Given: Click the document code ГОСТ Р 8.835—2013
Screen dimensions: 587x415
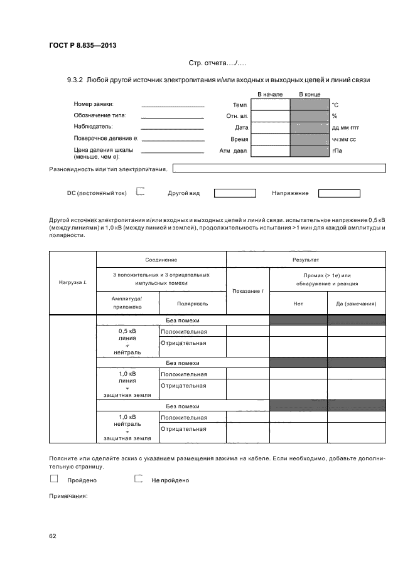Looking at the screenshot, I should click(82, 46).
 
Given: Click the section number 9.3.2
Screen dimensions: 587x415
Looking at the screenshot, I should click(75, 80).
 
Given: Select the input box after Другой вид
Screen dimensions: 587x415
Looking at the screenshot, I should click(235, 193).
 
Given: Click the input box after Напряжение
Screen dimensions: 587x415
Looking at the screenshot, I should click(339, 193).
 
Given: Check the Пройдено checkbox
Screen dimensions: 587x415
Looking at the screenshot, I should click(53, 479).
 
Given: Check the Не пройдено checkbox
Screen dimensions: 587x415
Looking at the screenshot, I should click(139, 479).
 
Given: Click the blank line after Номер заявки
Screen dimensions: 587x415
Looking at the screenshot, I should click(173, 105).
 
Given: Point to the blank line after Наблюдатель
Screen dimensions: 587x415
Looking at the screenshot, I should click(173, 128).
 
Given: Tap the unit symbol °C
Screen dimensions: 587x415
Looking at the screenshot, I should click(335, 105).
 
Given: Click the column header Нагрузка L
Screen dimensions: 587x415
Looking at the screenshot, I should click(72, 282).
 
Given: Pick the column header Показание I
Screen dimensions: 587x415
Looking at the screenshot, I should click(247, 291).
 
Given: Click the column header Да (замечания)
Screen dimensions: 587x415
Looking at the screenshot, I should click(356, 304).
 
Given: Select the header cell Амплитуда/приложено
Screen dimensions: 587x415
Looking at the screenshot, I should click(127, 303).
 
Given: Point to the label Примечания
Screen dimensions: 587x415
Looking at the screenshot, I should click(68, 496).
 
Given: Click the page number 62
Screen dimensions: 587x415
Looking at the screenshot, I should click(53, 536).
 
